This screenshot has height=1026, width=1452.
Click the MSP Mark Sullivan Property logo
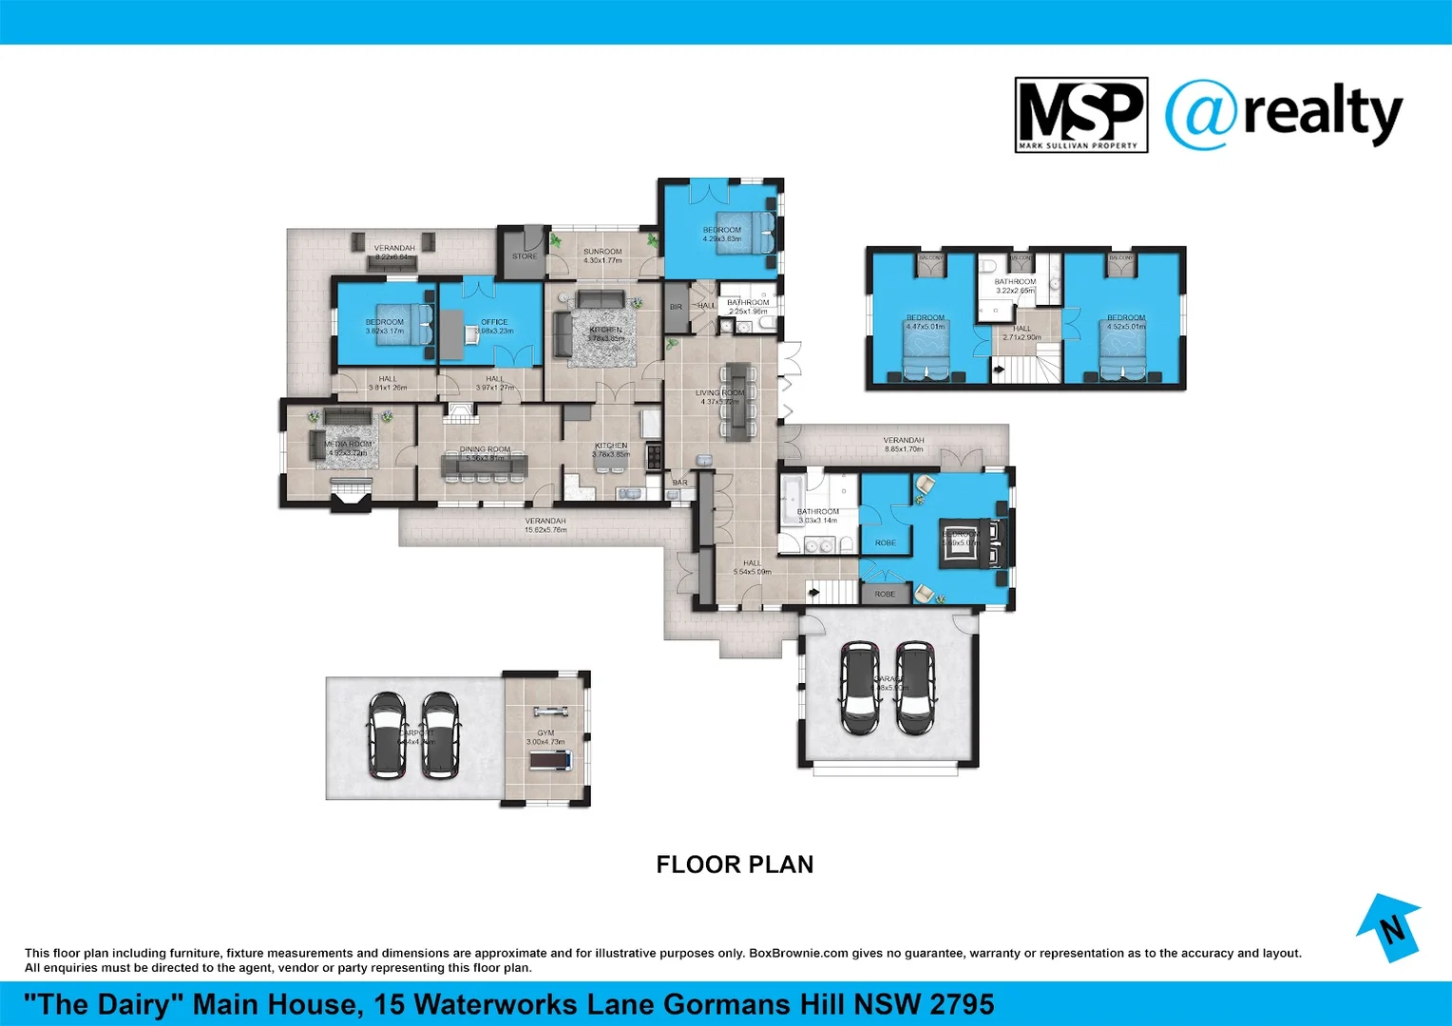pyautogui.click(x=1080, y=115)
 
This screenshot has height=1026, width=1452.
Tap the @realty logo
pyautogui.click(x=1283, y=115)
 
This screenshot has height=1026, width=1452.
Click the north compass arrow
pyautogui.click(x=1389, y=927)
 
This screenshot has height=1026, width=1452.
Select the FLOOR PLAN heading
pyautogui.click(x=735, y=864)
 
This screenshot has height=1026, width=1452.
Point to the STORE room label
pyautogui.click(x=525, y=256)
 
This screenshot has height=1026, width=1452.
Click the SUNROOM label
pyautogui.click(x=602, y=252)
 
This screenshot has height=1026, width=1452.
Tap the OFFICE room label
pyautogui.click(x=494, y=322)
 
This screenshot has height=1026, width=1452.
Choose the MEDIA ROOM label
pyautogui.click(x=348, y=444)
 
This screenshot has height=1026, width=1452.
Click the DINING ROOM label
pyautogui.click(x=485, y=449)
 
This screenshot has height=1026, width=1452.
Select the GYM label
pyautogui.click(x=545, y=732)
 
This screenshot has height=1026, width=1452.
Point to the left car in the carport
pyautogui.click(x=388, y=735)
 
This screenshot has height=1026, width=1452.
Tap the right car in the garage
pyautogui.click(x=915, y=688)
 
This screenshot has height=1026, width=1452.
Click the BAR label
pyautogui.click(x=680, y=483)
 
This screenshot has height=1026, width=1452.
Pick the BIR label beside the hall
pyautogui.click(x=676, y=307)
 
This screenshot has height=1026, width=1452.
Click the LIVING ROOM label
pyautogui.click(x=719, y=392)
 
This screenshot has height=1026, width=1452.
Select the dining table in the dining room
pyautogui.click(x=485, y=465)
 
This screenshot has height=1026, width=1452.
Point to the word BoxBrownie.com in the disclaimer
pyautogui.click(x=798, y=953)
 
